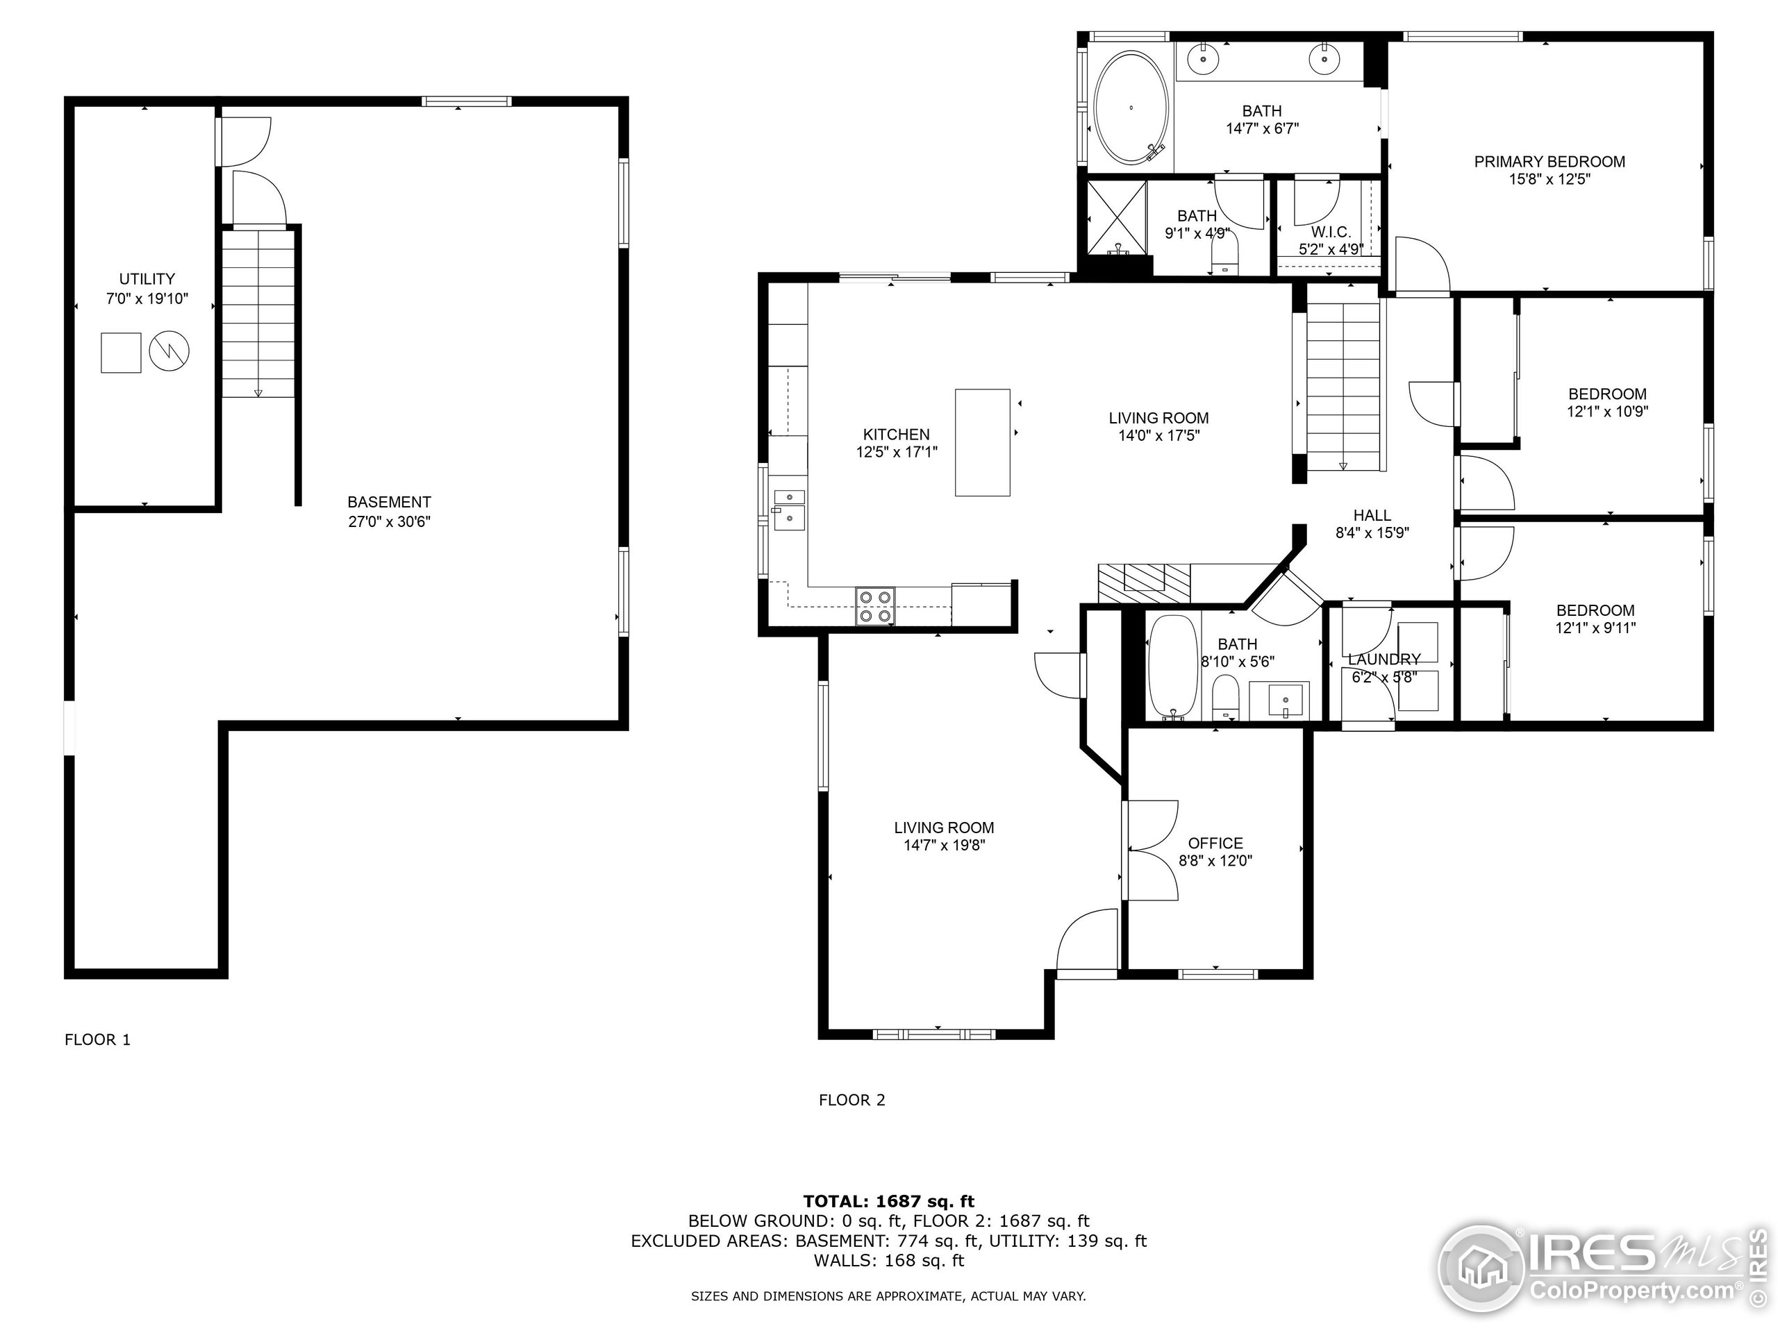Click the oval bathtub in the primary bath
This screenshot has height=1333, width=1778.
(1131, 106)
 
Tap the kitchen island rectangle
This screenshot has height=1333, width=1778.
(982, 443)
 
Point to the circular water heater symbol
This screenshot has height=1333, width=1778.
(169, 352)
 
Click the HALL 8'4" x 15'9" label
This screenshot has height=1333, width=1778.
(1372, 523)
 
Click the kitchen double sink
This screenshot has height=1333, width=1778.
(788, 510)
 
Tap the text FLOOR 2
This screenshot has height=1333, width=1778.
(852, 1100)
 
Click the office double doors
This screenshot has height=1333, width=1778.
(1151, 849)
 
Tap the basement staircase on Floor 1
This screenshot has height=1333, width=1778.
(258, 313)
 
